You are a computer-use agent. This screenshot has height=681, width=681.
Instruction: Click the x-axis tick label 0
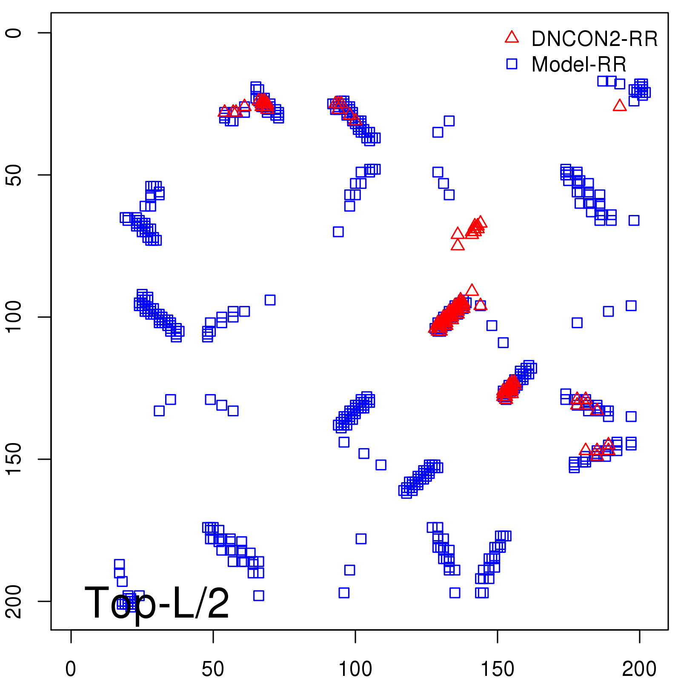pos(71,669)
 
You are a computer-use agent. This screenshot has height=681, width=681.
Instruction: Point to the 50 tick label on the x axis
pos(213,669)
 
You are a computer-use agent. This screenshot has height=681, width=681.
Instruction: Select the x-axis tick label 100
pos(355,669)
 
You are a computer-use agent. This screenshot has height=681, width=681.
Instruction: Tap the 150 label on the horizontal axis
pos(497,669)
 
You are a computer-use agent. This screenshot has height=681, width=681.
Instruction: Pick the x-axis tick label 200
pos(639,669)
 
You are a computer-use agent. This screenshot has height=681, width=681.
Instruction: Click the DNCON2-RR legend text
pos(595,39)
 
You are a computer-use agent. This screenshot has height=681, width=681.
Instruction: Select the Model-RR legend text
pos(579,65)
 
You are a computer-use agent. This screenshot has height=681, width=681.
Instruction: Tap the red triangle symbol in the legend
pos(512,37)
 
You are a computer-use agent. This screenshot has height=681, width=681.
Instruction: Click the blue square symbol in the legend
pos(512,64)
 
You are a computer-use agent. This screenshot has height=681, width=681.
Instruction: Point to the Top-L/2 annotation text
pos(157,603)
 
